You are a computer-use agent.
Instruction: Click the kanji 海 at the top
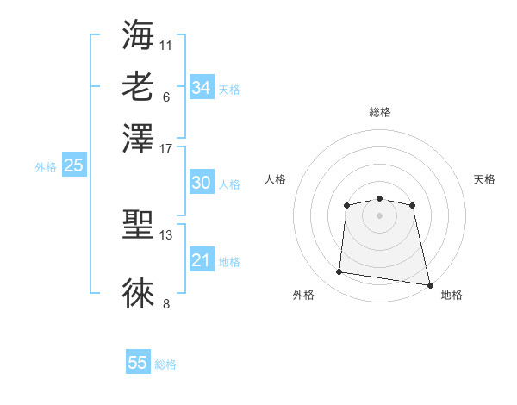pos(139,35)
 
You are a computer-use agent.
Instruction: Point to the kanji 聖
pos(139,226)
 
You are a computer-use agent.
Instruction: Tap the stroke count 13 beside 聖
pos(166,235)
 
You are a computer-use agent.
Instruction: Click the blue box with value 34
pos(201,87)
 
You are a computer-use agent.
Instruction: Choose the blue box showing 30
pos(201,183)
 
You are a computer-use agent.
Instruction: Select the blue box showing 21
pos(201,260)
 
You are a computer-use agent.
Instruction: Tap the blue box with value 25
pos(73,165)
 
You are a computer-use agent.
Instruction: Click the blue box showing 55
pos(138,363)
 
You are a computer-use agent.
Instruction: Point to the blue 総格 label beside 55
pos(165,364)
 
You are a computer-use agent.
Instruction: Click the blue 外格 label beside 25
pos(46,167)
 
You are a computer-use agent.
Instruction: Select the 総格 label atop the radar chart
pos(379,112)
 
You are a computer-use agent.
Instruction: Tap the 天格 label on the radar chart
pos(484,179)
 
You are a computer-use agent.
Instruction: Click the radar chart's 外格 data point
pos(339,272)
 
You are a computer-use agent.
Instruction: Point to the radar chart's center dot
pos(379,215)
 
